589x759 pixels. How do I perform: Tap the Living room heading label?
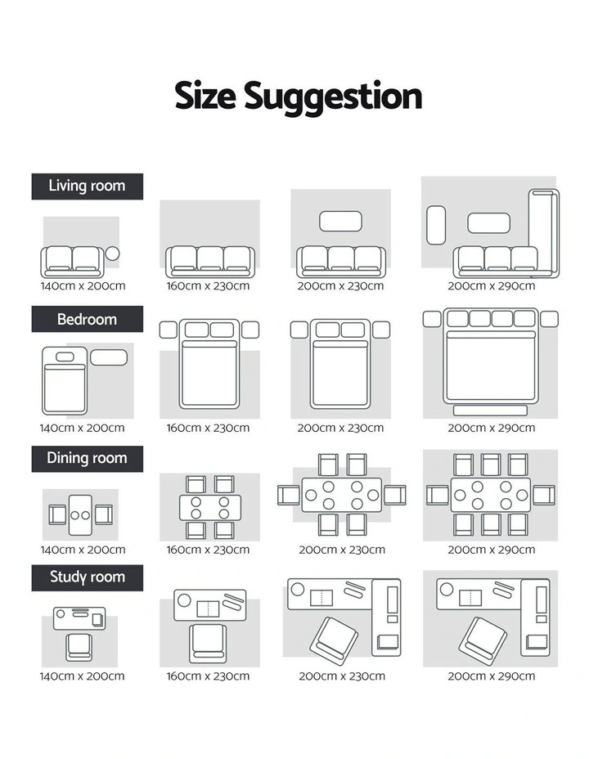[x=87, y=186]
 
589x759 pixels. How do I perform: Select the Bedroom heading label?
[x=87, y=319]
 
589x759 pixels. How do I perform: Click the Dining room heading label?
[x=87, y=458]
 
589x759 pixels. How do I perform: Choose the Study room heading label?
[x=87, y=577]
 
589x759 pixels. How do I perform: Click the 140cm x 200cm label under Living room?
[x=83, y=286]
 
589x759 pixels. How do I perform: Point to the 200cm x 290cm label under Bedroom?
[x=491, y=428]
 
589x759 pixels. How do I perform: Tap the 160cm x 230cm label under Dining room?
[x=208, y=550]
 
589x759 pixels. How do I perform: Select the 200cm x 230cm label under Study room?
[x=342, y=676]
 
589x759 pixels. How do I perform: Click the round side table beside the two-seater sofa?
[x=112, y=254]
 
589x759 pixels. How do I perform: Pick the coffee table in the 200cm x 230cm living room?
[x=340, y=221]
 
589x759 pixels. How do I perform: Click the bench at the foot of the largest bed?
[x=490, y=411]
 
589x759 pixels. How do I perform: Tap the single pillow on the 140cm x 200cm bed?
[x=65, y=357]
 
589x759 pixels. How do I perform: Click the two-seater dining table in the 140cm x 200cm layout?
[x=80, y=515]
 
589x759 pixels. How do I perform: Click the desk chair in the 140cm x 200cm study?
[x=79, y=648]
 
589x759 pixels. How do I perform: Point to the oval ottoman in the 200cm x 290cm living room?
[x=436, y=225]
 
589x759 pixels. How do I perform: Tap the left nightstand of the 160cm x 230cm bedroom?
[x=168, y=330]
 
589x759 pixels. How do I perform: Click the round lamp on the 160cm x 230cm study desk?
[x=184, y=600]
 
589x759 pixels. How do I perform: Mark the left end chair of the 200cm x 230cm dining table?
[x=288, y=495]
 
